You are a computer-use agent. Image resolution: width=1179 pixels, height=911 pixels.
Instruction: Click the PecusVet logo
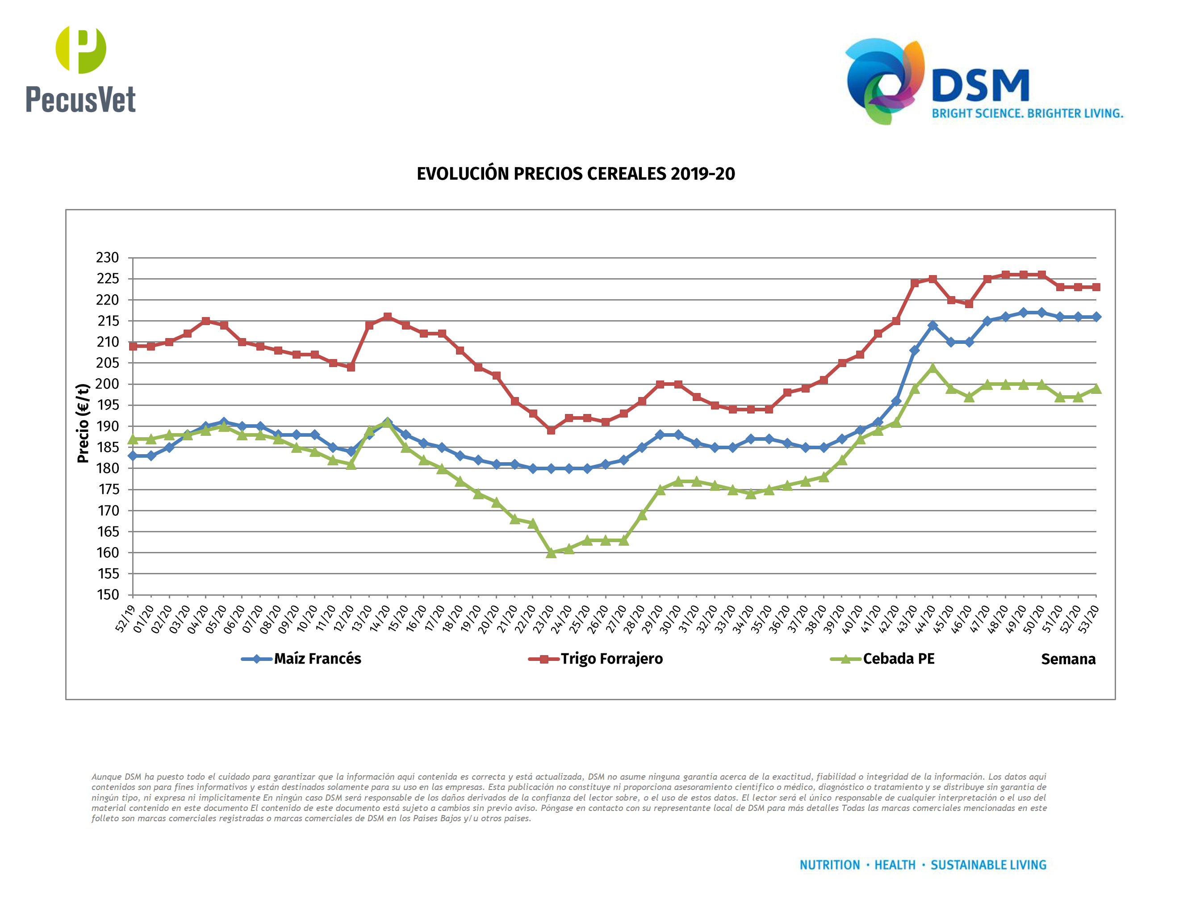80,69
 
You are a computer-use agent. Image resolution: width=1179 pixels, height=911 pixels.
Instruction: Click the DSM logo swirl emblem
884,81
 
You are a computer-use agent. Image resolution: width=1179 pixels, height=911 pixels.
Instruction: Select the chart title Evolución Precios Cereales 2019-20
576,174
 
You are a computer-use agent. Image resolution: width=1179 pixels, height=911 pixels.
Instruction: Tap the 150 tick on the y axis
108,595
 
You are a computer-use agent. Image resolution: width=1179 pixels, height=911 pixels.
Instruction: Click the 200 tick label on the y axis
108,384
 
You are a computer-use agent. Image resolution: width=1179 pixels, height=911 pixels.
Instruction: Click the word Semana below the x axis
1068,660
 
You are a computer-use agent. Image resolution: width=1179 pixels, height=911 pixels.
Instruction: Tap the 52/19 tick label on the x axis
125,618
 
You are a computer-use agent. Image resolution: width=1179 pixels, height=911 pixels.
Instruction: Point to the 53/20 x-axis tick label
1088,618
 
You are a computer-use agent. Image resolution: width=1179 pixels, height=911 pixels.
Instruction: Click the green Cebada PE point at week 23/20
551,553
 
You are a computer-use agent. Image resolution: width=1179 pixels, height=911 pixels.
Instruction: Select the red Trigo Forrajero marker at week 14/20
387,317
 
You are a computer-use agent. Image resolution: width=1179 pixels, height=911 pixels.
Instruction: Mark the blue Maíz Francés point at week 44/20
932,326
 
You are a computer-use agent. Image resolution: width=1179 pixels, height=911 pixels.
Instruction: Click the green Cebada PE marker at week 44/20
932,368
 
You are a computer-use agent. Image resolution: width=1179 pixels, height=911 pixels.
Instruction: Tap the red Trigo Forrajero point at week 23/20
551,430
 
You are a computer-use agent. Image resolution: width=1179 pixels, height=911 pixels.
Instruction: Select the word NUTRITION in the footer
829,865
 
